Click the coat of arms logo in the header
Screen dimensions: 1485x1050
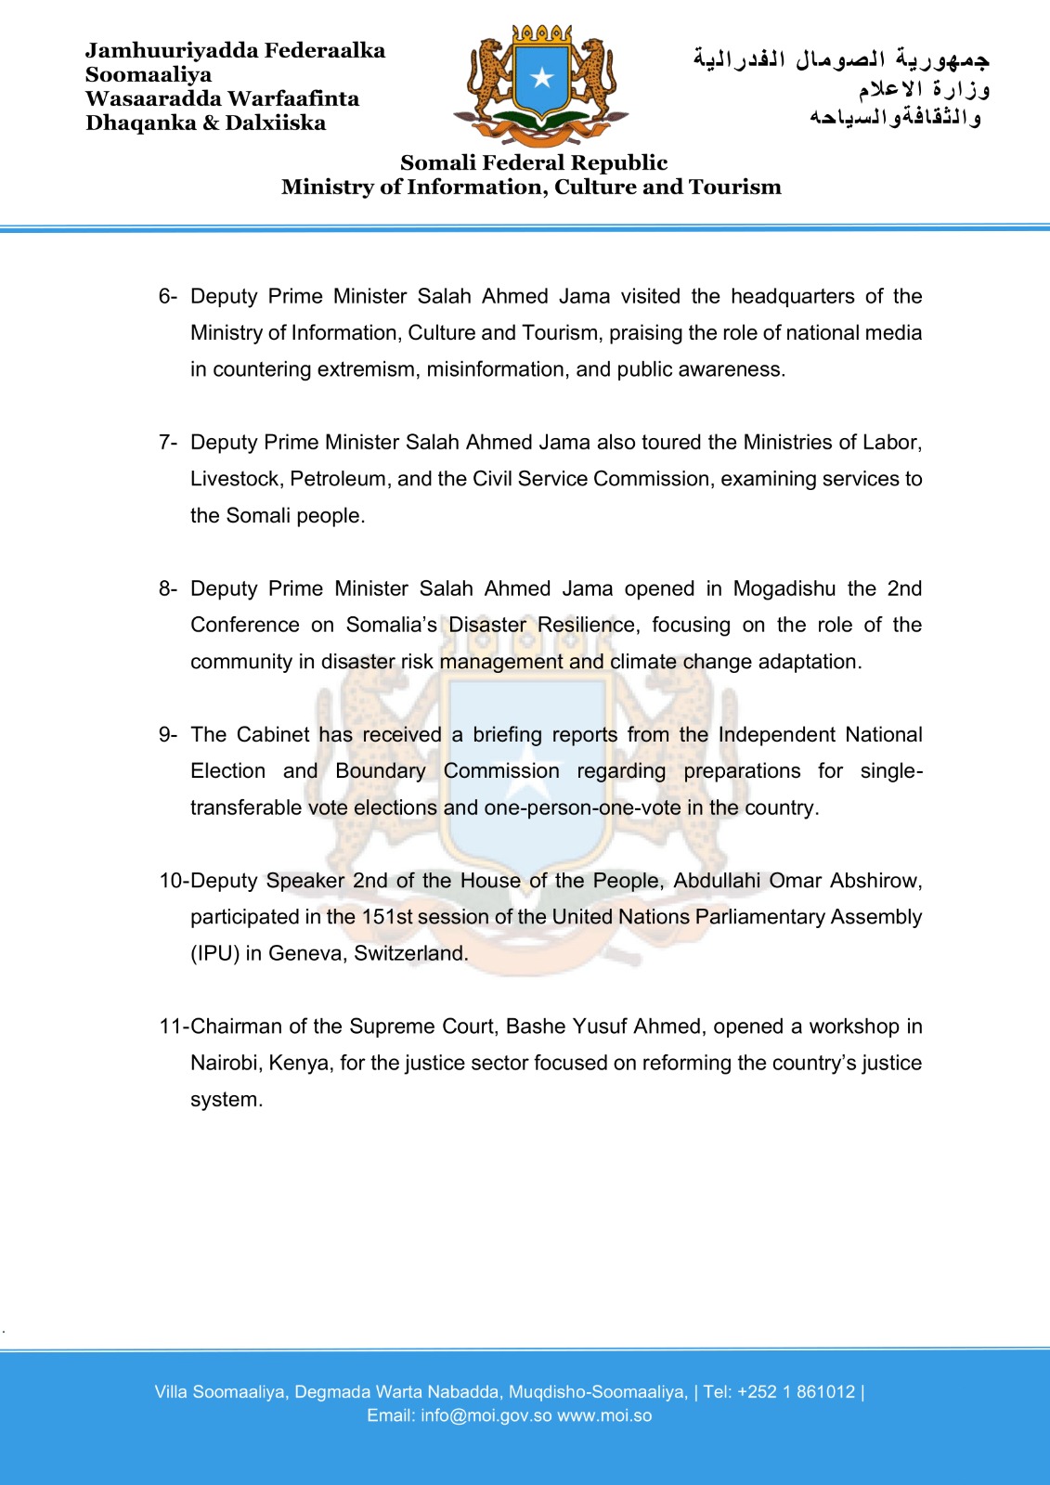point(541,85)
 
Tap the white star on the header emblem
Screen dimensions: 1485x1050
point(542,78)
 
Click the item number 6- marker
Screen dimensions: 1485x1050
point(167,296)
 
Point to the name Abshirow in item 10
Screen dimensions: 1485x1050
point(875,880)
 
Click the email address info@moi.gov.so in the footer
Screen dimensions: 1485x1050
point(486,1415)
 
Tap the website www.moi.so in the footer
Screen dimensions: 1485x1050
point(604,1415)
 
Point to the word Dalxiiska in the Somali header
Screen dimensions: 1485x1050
point(276,123)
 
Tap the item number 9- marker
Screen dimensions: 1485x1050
point(167,734)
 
